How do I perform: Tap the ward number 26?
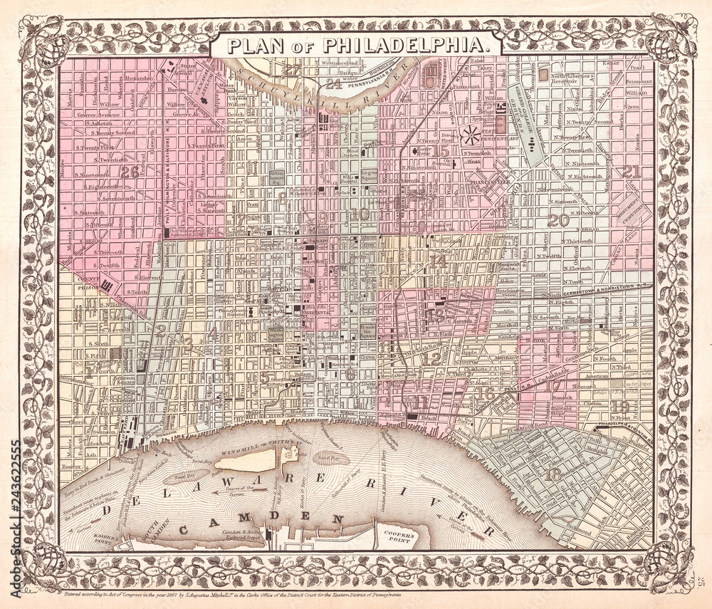(130, 171)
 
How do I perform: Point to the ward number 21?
(631, 170)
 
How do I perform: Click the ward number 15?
(441, 150)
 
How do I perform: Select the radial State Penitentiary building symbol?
(471, 132)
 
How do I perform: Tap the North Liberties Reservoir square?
(545, 73)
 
